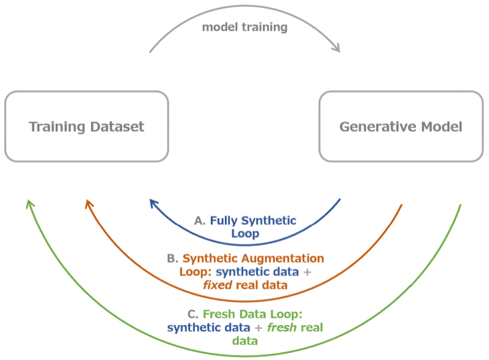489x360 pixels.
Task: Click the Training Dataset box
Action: point(86,127)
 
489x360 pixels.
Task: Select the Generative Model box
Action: point(401,127)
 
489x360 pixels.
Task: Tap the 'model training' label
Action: point(244,27)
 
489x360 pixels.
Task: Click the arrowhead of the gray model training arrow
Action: point(336,47)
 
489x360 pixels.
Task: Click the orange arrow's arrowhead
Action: point(89,204)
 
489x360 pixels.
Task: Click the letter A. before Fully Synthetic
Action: point(200,221)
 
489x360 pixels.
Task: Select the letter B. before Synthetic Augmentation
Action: point(172,258)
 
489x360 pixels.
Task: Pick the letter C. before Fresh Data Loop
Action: point(193,314)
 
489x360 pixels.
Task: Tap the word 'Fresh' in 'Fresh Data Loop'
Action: point(219,314)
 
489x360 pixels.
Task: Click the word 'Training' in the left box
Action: point(55,127)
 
